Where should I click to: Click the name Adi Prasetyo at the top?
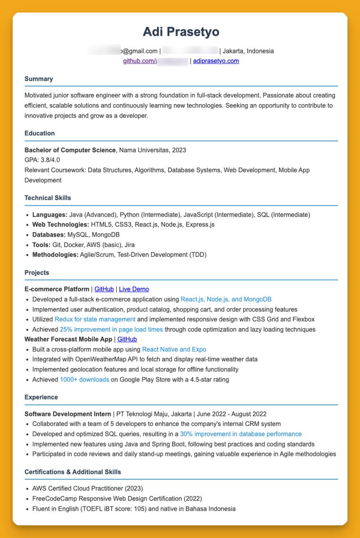click(x=181, y=32)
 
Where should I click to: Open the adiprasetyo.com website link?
click(x=216, y=61)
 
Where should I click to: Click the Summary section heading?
click(x=39, y=79)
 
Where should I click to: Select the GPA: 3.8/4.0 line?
click(x=42, y=160)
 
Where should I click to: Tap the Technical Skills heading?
click(x=48, y=198)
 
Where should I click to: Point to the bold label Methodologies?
click(x=55, y=255)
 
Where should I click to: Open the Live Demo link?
click(x=134, y=289)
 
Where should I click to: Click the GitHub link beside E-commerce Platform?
click(x=104, y=289)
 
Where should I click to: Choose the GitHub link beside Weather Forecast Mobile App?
click(x=127, y=339)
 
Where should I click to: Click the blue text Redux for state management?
click(x=95, y=319)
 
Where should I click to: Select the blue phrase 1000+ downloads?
click(x=84, y=379)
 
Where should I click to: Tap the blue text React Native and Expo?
click(x=174, y=349)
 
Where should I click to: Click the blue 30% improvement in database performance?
click(x=241, y=434)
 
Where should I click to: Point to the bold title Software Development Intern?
click(x=68, y=414)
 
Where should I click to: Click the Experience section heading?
click(x=41, y=397)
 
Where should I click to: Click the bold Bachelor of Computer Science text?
click(x=70, y=150)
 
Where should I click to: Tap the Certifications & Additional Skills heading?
click(x=73, y=472)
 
